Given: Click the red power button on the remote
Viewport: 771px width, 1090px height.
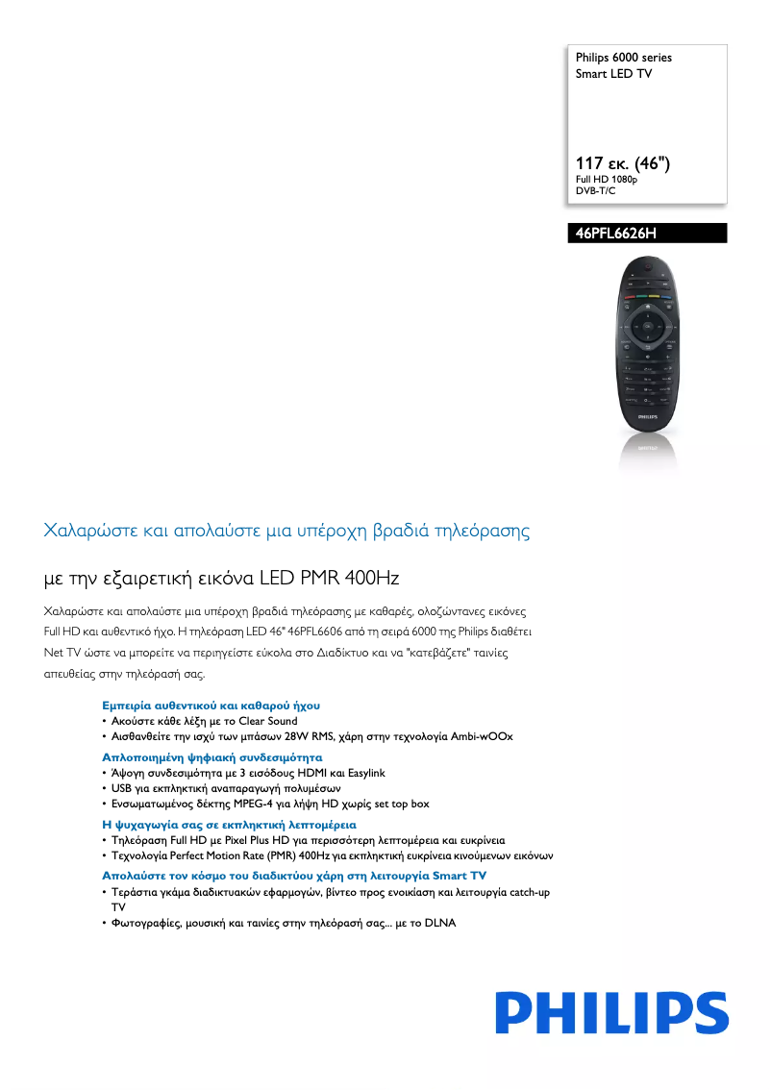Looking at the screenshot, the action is [648, 266].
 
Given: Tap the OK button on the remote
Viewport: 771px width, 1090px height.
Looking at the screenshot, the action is [648, 326].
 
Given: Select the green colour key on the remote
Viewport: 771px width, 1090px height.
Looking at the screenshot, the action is [642, 297].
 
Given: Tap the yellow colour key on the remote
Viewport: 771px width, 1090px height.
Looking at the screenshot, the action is [654, 297].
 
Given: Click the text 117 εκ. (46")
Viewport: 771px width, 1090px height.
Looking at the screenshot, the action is [622, 163].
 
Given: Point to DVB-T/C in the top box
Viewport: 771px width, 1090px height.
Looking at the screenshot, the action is [595, 191].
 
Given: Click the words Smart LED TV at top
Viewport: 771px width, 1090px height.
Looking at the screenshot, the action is [613, 73].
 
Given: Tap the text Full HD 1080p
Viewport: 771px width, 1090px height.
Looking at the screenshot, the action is [607, 180].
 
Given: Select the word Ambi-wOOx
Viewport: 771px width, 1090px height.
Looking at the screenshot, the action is [482, 736].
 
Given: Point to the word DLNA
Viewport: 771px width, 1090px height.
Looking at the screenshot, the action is [439, 923].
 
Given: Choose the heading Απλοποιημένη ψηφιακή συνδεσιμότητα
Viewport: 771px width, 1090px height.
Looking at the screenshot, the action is [211, 757].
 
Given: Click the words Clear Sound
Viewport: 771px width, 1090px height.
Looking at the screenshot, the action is [268, 721].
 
